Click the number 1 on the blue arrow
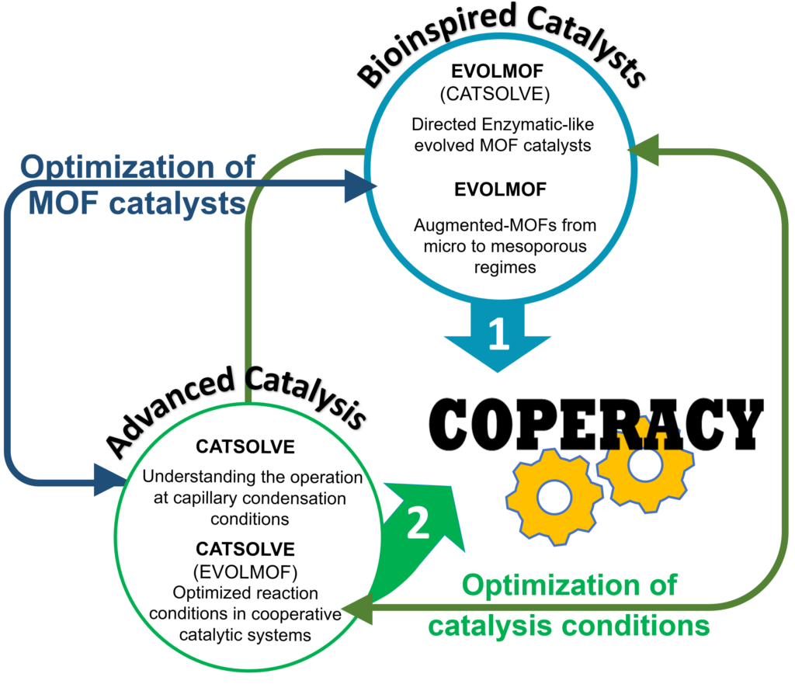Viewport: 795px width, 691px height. click(x=498, y=335)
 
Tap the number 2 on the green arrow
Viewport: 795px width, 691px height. click(x=418, y=526)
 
